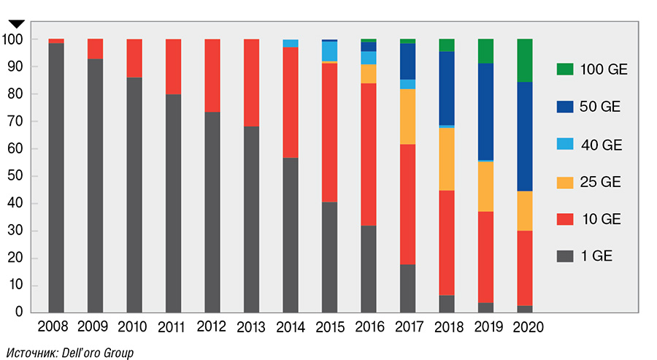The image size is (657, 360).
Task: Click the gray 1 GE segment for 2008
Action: coord(56,177)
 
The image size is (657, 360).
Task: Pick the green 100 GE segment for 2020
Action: coord(524,60)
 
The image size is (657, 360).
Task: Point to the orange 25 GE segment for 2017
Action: coord(407,116)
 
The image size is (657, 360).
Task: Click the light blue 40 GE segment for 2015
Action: coord(329,51)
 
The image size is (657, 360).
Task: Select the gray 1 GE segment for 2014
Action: coord(291,234)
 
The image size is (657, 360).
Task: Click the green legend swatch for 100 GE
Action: coord(564,70)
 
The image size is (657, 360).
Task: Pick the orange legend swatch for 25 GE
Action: coord(564,182)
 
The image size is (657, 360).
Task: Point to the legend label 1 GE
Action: coord(596,256)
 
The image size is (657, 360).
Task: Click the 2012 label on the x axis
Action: coord(212,326)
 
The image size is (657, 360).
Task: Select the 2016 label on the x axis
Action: coord(368,326)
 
